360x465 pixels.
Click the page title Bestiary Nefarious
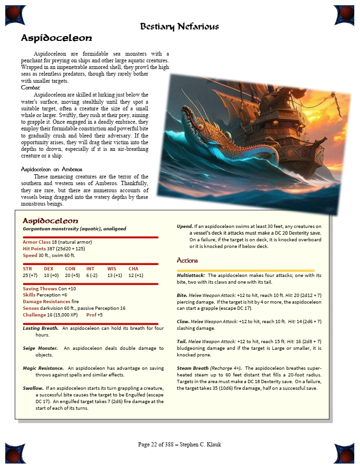pyautogui.click(x=180, y=26)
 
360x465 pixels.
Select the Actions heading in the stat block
pyautogui.click(x=187, y=261)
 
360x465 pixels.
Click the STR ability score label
pyautogui.click(x=27, y=269)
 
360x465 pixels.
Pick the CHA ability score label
pyautogui.click(x=133, y=269)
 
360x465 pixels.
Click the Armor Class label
pyautogui.click(x=37, y=242)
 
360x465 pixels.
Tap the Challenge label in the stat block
pyautogui.click(x=34, y=315)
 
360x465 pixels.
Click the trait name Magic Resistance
pyautogui.click(x=43, y=368)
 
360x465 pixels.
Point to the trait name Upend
pyautogui.click(x=185, y=226)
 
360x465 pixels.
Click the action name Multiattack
pyautogui.click(x=191, y=276)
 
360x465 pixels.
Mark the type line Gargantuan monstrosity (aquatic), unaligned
pyautogui.click(x=74, y=229)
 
